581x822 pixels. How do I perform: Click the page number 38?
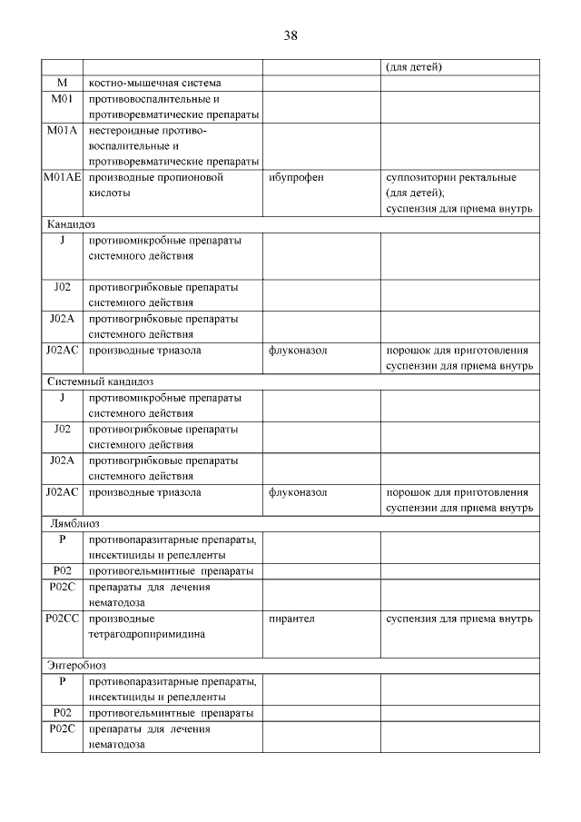[x=290, y=35]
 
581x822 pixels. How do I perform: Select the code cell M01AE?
[x=62, y=177]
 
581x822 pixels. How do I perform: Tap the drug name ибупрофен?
[x=296, y=177]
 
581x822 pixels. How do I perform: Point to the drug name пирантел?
[x=291, y=619]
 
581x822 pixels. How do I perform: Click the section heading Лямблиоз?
[x=74, y=523]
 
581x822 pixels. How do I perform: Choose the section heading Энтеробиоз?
[x=77, y=665]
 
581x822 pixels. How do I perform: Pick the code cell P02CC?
[x=62, y=619]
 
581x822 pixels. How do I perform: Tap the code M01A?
[x=62, y=130]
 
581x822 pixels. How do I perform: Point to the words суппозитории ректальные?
[x=451, y=177]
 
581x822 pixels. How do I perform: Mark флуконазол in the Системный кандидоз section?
[x=298, y=492]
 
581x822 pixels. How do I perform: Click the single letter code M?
[x=62, y=83]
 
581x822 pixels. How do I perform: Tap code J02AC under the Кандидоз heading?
[x=62, y=351]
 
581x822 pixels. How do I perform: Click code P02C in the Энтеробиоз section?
[x=62, y=728]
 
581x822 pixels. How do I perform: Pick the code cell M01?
[x=62, y=98]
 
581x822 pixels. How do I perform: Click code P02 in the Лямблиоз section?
[x=62, y=571]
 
